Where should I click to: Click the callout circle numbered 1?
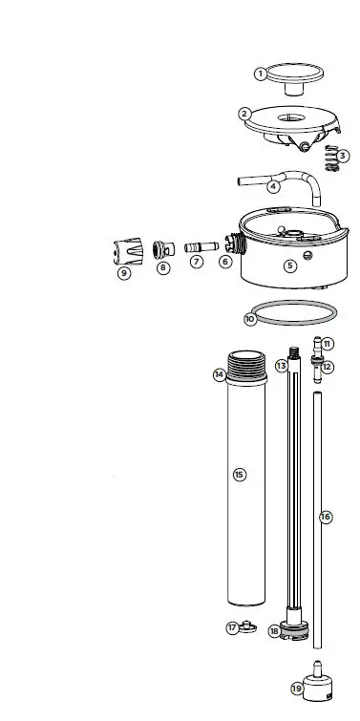click(x=260, y=74)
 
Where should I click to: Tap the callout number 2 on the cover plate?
click(x=244, y=114)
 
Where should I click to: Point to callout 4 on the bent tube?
click(x=273, y=187)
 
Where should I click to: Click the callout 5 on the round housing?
click(x=290, y=266)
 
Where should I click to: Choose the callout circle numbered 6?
click(x=225, y=261)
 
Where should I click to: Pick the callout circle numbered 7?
click(x=196, y=261)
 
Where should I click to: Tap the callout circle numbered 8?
click(x=163, y=268)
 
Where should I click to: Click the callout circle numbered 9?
click(x=124, y=273)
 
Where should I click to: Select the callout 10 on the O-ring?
click(x=250, y=319)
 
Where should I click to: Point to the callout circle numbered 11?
click(x=328, y=344)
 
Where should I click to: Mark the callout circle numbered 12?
click(x=328, y=367)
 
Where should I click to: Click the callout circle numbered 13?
click(x=281, y=366)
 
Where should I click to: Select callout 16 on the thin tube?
click(x=325, y=517)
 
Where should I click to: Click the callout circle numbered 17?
click(x=232, y=627)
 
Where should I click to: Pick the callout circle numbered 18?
click(x=275, y=631)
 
